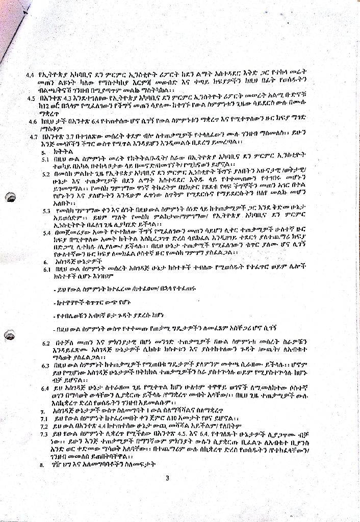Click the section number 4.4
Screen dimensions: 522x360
point(30,75)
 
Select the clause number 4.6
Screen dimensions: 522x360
point(33,122)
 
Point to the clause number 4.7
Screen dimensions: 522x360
point(33,136)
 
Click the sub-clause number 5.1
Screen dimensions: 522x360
point(45,159)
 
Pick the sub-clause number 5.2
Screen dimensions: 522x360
point(46,173)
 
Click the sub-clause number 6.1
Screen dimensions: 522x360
point(45,269)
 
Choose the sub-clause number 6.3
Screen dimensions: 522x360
point(45,366)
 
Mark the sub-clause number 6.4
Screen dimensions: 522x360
point(45,388)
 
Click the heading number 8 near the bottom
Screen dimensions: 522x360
point(42,465)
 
